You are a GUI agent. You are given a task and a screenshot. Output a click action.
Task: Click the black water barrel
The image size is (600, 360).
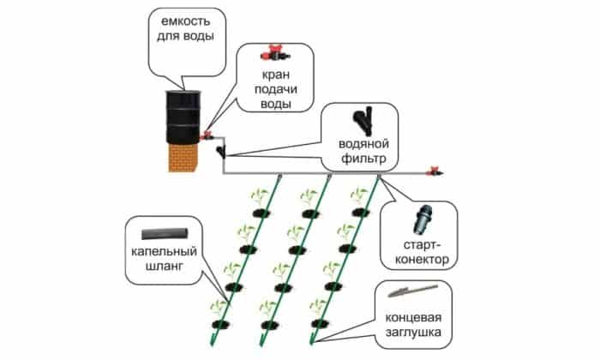[x=183, y=117]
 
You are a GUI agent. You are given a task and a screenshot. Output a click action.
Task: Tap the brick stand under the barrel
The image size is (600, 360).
[x=183, y=158]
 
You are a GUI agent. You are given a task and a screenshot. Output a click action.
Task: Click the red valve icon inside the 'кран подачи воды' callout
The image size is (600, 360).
[x=275, y=54]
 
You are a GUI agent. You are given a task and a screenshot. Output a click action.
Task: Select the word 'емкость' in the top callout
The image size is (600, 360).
[x=186, y=21]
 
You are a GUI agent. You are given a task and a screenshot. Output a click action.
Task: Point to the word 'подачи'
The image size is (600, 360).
[x=276, y=89]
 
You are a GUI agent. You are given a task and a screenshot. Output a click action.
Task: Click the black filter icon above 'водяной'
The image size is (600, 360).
[x=363, y=120]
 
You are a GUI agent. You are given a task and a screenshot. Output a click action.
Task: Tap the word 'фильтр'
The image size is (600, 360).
[x=363, y=159]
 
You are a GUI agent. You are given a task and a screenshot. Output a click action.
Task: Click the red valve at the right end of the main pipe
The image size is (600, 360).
[x=435, y=171]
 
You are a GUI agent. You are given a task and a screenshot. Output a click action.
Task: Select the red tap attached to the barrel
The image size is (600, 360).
[x=207, y=135]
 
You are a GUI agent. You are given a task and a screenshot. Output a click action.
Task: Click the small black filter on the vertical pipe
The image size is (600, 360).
[x=221, y=152]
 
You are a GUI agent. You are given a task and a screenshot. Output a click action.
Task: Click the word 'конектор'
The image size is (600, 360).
[x=422, y=260]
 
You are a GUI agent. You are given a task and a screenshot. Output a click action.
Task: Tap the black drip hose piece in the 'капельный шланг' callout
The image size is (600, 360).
[x=165, y=234]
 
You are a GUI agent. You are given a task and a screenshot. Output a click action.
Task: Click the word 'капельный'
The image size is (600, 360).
[x=165, y=252]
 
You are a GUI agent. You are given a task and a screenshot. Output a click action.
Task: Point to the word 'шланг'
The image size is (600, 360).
[x=165, y=267]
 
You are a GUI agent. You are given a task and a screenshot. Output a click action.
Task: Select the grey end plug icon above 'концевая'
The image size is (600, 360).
[x=412, y=291]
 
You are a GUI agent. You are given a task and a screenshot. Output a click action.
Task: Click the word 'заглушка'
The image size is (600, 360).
[x=413, y=332]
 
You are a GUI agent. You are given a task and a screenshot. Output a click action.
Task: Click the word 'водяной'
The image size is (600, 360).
[x=363, y=144]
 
